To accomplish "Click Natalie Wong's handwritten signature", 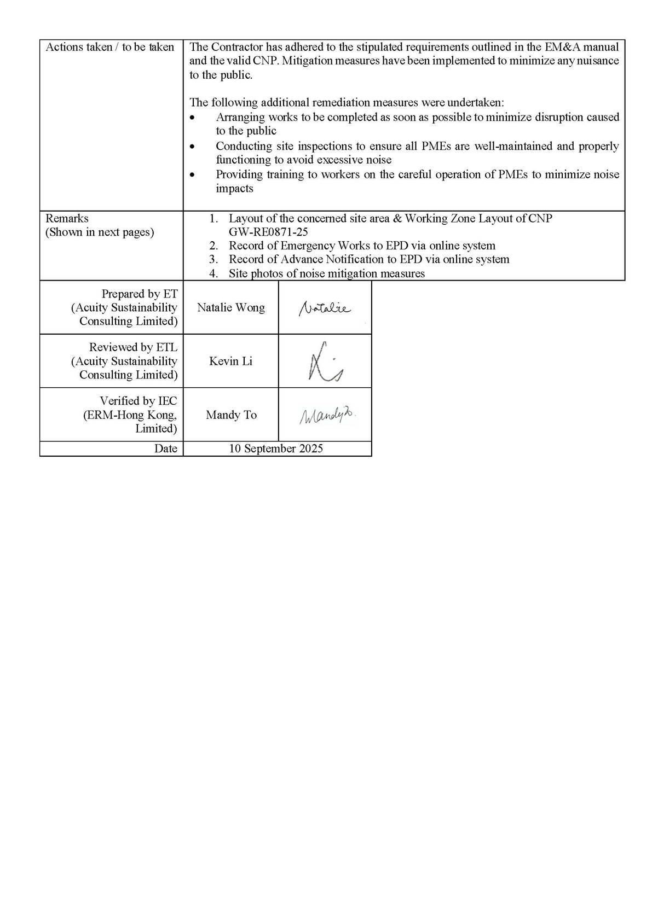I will (x=325, y=309).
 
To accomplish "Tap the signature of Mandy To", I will (x=327, y=416).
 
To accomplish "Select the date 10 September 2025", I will (x=276, y=449).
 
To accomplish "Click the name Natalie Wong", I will (x=230, y=308).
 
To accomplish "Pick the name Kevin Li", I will (x=230, y=362).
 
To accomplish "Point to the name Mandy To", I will (x=231, y=415).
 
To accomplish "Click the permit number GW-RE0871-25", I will (x=268, y=232).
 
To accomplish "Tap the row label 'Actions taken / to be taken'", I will (x=110, y=48).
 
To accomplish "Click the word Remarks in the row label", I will (x=67, y=219).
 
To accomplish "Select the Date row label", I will (x=165, y=449).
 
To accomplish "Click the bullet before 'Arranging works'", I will (x=192, y=118).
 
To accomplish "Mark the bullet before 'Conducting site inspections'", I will (x=192, y=147).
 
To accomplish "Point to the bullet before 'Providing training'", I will (x=192, y=175).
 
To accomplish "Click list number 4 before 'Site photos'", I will (x=214, y=273).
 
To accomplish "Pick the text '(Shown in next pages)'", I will (x=100, y=232).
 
